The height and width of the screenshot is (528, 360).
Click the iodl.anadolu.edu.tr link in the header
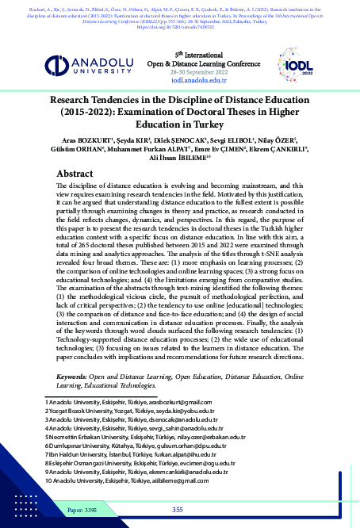pyautogui.click(x=180, y=81)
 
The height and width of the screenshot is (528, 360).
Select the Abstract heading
pyautogui.click(x=79, y=173)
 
